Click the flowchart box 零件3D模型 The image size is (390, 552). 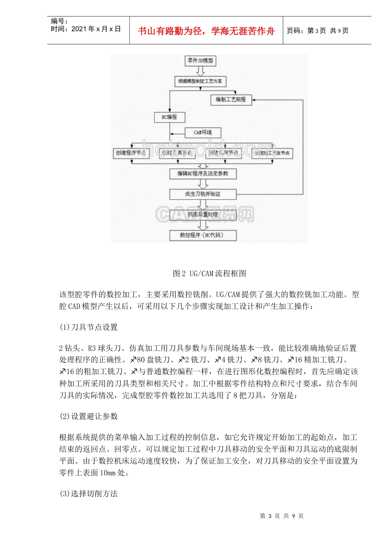(200, 61)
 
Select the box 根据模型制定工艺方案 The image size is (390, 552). (200, 81)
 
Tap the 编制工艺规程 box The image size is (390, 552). (231, 99)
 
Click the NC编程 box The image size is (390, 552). (170, 117)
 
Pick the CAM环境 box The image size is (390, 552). (203, 133)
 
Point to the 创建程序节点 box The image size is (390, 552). (131, 153)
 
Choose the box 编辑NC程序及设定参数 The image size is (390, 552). (203, 174)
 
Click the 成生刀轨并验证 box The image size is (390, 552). (203, 194)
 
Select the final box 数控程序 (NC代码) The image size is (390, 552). (203, 235)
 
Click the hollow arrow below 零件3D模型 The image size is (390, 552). (200, 71)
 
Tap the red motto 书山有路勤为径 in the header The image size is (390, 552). (206, 31)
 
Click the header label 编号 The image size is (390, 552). (59, 21)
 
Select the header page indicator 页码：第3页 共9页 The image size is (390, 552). (317, 31)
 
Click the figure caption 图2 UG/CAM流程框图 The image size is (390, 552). (209, 274)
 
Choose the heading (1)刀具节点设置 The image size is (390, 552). (89, 327)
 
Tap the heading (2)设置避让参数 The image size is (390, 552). (89, 416)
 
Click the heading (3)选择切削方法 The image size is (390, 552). (89, 494)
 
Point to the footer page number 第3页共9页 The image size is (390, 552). (282, 516)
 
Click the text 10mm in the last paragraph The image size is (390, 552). (108, 473)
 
